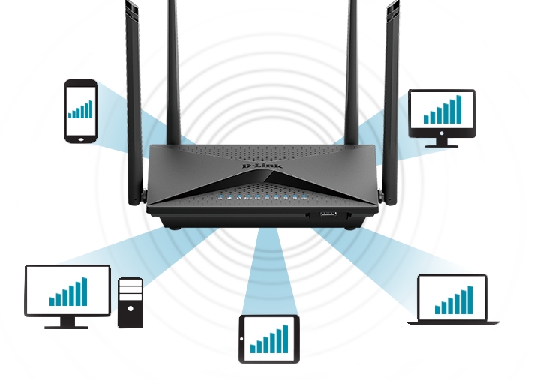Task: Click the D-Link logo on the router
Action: coord(262,166)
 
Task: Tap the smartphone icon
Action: coord(81,111)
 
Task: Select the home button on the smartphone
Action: coord(81,139)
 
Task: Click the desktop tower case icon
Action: coord(130,303)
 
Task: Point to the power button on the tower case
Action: coord(130,309)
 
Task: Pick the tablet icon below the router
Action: coord(269,340)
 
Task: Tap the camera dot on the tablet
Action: coord(241,339)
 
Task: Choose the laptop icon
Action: coord(452,299)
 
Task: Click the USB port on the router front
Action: coord(328,214)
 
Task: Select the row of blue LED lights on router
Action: coord(262,197)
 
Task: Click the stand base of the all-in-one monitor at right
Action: coord(441,146)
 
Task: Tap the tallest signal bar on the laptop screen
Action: coord(470,300)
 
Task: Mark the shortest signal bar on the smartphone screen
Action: coord(70,115)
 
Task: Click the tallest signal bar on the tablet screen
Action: coord(286,339)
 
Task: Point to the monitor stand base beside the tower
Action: coord(66,327)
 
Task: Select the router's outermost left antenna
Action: coord(133,102)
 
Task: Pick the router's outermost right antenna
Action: coord(391,102)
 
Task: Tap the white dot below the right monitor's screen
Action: coord(442,133)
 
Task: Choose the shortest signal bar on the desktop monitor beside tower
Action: coord(52,301)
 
